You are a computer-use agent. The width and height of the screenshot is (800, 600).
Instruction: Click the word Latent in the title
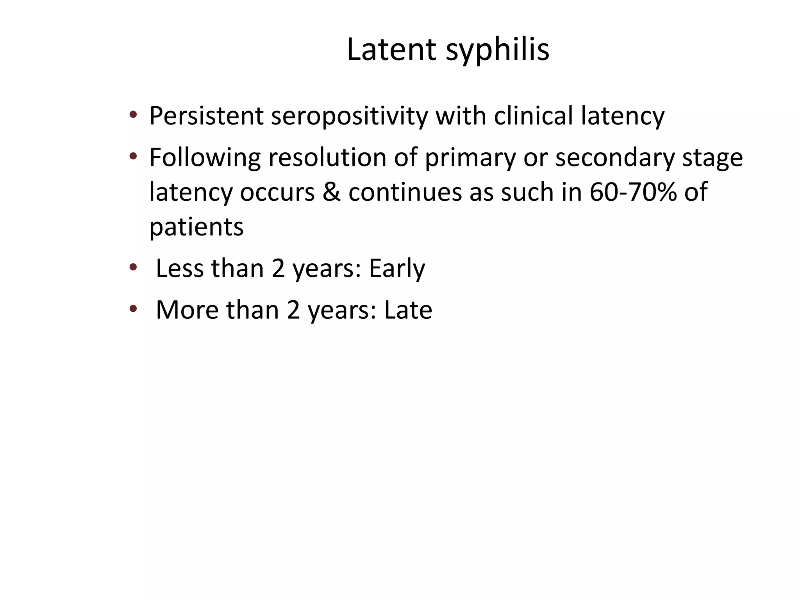click(x=391, y=50)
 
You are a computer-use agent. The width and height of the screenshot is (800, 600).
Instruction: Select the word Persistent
click(x=206, y=116)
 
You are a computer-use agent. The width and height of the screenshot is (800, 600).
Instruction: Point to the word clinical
click(x=533, y=116)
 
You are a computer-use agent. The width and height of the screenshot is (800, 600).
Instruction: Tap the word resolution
click(x=327, y=157)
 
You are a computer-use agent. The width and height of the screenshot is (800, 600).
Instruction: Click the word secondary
click(x=615, y=157)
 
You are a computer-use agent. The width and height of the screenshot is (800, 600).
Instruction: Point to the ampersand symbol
click(x=331, y=192)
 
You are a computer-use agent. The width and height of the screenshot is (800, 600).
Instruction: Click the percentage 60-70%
click(x=633, y=192)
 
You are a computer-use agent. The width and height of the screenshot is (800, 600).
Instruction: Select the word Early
click(x=396, y=269)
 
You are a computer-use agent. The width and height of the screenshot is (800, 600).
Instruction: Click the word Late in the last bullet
click(x=408, y=310)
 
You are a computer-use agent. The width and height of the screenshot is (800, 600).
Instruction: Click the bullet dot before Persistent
click(x=133, y=115)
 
